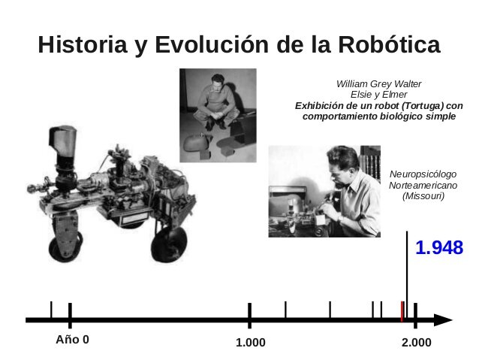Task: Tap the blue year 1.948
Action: point(439,248)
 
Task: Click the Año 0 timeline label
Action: point(72,340)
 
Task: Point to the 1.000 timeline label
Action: point(250,343)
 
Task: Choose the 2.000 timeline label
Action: point(416,343)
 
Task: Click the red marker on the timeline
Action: point(403,310)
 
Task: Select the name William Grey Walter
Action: point(378,83)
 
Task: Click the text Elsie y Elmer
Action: point(378,95)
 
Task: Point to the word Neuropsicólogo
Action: point(423,174)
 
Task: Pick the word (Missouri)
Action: point(423,195)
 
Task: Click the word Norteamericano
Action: point(423,185)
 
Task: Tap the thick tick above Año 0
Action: point(69,313)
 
